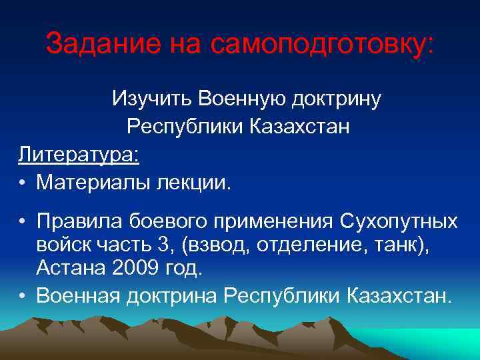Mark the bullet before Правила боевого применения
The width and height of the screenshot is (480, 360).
click(x=23, y=221)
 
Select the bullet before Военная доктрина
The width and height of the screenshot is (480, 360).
click(x=23, y=295)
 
